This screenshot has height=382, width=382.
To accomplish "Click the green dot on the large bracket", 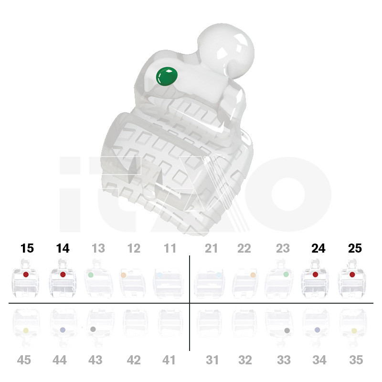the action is pyautogui.click(x=167, y=76).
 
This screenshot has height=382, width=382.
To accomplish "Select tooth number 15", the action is pyautogui.click(x=27, y=248).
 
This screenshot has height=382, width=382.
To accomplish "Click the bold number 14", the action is pyautogui.click(x=63, y=248).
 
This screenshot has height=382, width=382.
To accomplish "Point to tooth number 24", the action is pyautogui.click(x=318, y=248).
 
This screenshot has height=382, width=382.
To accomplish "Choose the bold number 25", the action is pyautogui.click(x=355, y=248).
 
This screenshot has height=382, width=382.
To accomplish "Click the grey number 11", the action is pyautogui.click(x=170, y=248).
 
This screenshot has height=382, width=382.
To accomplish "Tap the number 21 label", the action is pyautogui.click(x=211, y=248).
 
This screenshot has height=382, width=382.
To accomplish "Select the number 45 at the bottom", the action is pyautogui.click(x=24, y=360).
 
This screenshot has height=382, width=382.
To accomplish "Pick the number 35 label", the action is pyautogui.click(x=356, y=360).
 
